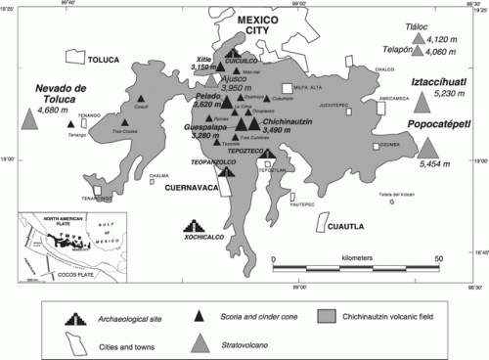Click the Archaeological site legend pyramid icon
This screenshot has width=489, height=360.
point(71,316)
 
